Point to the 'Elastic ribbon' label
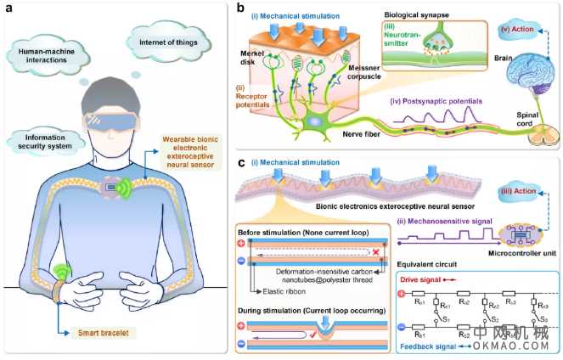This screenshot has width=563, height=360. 278,290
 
